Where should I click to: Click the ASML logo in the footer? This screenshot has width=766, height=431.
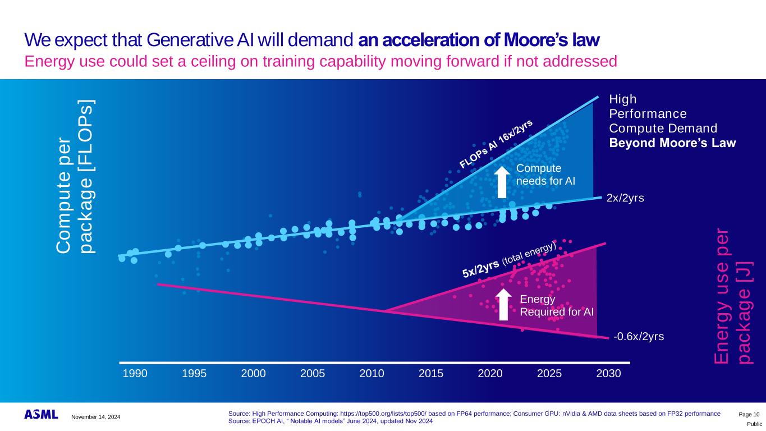41,414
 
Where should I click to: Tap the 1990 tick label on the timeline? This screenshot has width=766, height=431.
135,373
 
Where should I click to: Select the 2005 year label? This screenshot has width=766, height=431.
312,373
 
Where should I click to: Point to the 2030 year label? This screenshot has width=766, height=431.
608,373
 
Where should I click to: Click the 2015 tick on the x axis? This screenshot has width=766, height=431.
431,373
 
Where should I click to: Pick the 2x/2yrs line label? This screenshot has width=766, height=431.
625,198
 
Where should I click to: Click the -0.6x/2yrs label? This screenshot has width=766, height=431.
639,337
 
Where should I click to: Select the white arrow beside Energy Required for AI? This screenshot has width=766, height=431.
504,304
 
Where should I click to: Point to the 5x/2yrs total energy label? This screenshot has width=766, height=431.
509,259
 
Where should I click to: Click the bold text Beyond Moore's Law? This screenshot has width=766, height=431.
672,143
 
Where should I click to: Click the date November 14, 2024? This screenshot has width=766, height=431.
96,416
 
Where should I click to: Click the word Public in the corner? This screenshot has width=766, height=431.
754,424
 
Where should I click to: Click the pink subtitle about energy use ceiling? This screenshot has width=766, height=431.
320,61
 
